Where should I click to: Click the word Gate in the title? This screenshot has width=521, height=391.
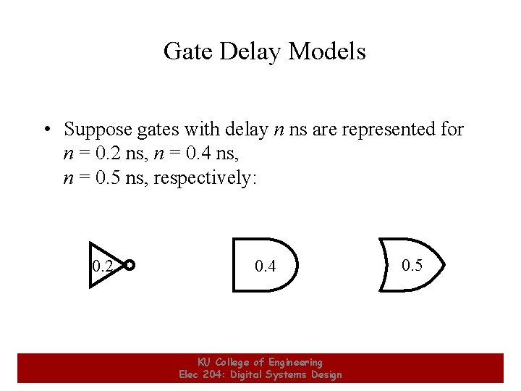point(186,51)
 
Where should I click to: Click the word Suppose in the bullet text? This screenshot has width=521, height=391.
point(98,130)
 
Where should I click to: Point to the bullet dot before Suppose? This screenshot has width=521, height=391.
point(46,130)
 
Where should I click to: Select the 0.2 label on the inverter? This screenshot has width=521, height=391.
point(103,266)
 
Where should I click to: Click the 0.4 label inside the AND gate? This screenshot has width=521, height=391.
point(266,266)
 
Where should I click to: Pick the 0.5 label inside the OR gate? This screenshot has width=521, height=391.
point(412,266)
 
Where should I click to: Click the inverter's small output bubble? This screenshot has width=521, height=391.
point(130,265)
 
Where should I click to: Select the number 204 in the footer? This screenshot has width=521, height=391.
point(216,374)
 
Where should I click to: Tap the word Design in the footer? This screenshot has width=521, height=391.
point(325,374)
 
